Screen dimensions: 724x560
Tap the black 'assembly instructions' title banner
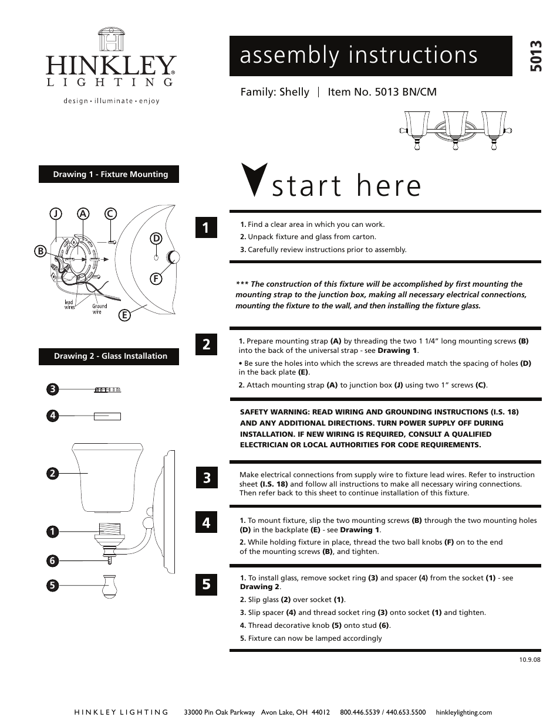coord(370,56)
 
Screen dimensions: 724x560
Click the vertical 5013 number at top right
coord(536,56)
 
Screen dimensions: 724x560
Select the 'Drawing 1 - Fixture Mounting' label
coord(110,174)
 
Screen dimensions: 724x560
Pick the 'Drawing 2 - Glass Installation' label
coord(110,356)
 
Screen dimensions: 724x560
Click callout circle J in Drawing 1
coord(55,214)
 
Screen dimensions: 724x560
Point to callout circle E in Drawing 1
coord(124,315)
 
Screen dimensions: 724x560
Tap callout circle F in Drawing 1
coord(156,279)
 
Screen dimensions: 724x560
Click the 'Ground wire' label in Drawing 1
coord(99,308)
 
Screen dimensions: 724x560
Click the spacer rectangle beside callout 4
coord(107,416)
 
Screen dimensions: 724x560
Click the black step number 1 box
coord(206,227)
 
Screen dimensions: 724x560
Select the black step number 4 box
coord(206,521)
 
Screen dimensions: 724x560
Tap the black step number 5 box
coord(206,584)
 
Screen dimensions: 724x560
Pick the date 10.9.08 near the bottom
coord(529,659)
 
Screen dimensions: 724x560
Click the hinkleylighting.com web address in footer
coord(464,712)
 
